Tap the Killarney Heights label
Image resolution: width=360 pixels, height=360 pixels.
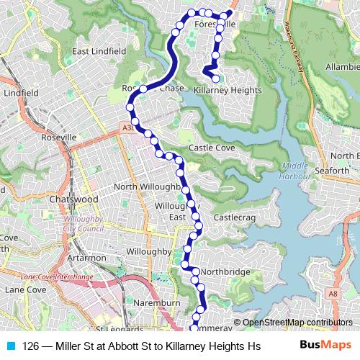(228, 91)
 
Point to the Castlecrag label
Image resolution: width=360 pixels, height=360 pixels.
(235, 216)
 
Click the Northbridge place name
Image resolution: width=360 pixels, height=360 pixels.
(225, 271)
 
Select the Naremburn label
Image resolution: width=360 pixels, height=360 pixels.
(156, 304)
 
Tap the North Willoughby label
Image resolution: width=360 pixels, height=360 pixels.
(146, 187)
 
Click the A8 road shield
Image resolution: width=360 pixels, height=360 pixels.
(333, 294)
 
